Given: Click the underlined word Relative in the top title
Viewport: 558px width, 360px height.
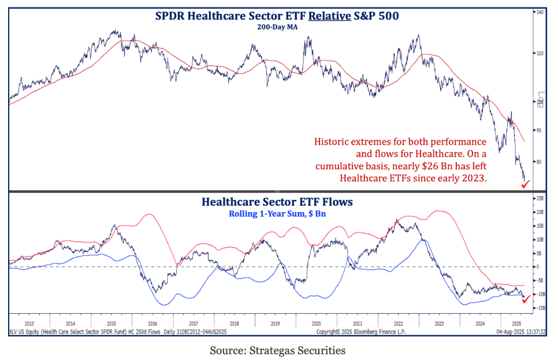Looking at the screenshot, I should coord(329,16).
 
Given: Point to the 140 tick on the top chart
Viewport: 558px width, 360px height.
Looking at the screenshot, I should coord(540,12).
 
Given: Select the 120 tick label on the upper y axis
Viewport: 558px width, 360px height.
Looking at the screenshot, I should coord(540,53).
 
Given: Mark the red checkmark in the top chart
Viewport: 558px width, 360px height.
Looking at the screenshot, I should coord(525,184).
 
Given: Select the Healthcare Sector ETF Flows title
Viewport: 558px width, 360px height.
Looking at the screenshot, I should coord(277,202).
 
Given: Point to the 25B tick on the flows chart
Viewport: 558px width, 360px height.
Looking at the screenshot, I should coord(540,198).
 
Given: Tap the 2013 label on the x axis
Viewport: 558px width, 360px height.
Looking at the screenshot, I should coord(29,324).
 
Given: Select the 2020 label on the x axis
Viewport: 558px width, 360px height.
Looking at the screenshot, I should coord(317,324).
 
